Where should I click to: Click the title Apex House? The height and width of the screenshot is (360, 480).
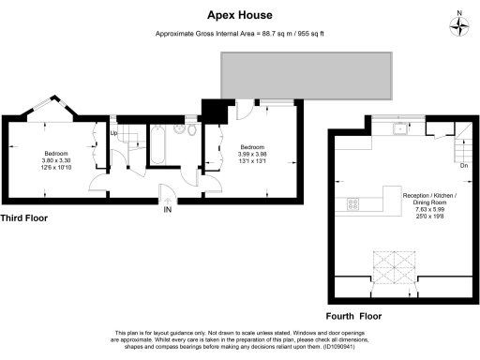(239, 15)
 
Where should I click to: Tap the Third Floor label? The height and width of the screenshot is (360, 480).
(24, 217)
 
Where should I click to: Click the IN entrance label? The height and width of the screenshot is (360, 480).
(169, 210)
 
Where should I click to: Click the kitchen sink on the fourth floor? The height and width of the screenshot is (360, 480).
(400, 130)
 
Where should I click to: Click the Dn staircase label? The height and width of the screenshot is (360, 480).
(463, 166)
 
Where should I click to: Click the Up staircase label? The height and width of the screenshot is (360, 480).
(114, 133)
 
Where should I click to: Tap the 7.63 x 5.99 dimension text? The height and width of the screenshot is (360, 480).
(429, 212)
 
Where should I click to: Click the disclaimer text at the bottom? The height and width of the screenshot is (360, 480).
(239, 339)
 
